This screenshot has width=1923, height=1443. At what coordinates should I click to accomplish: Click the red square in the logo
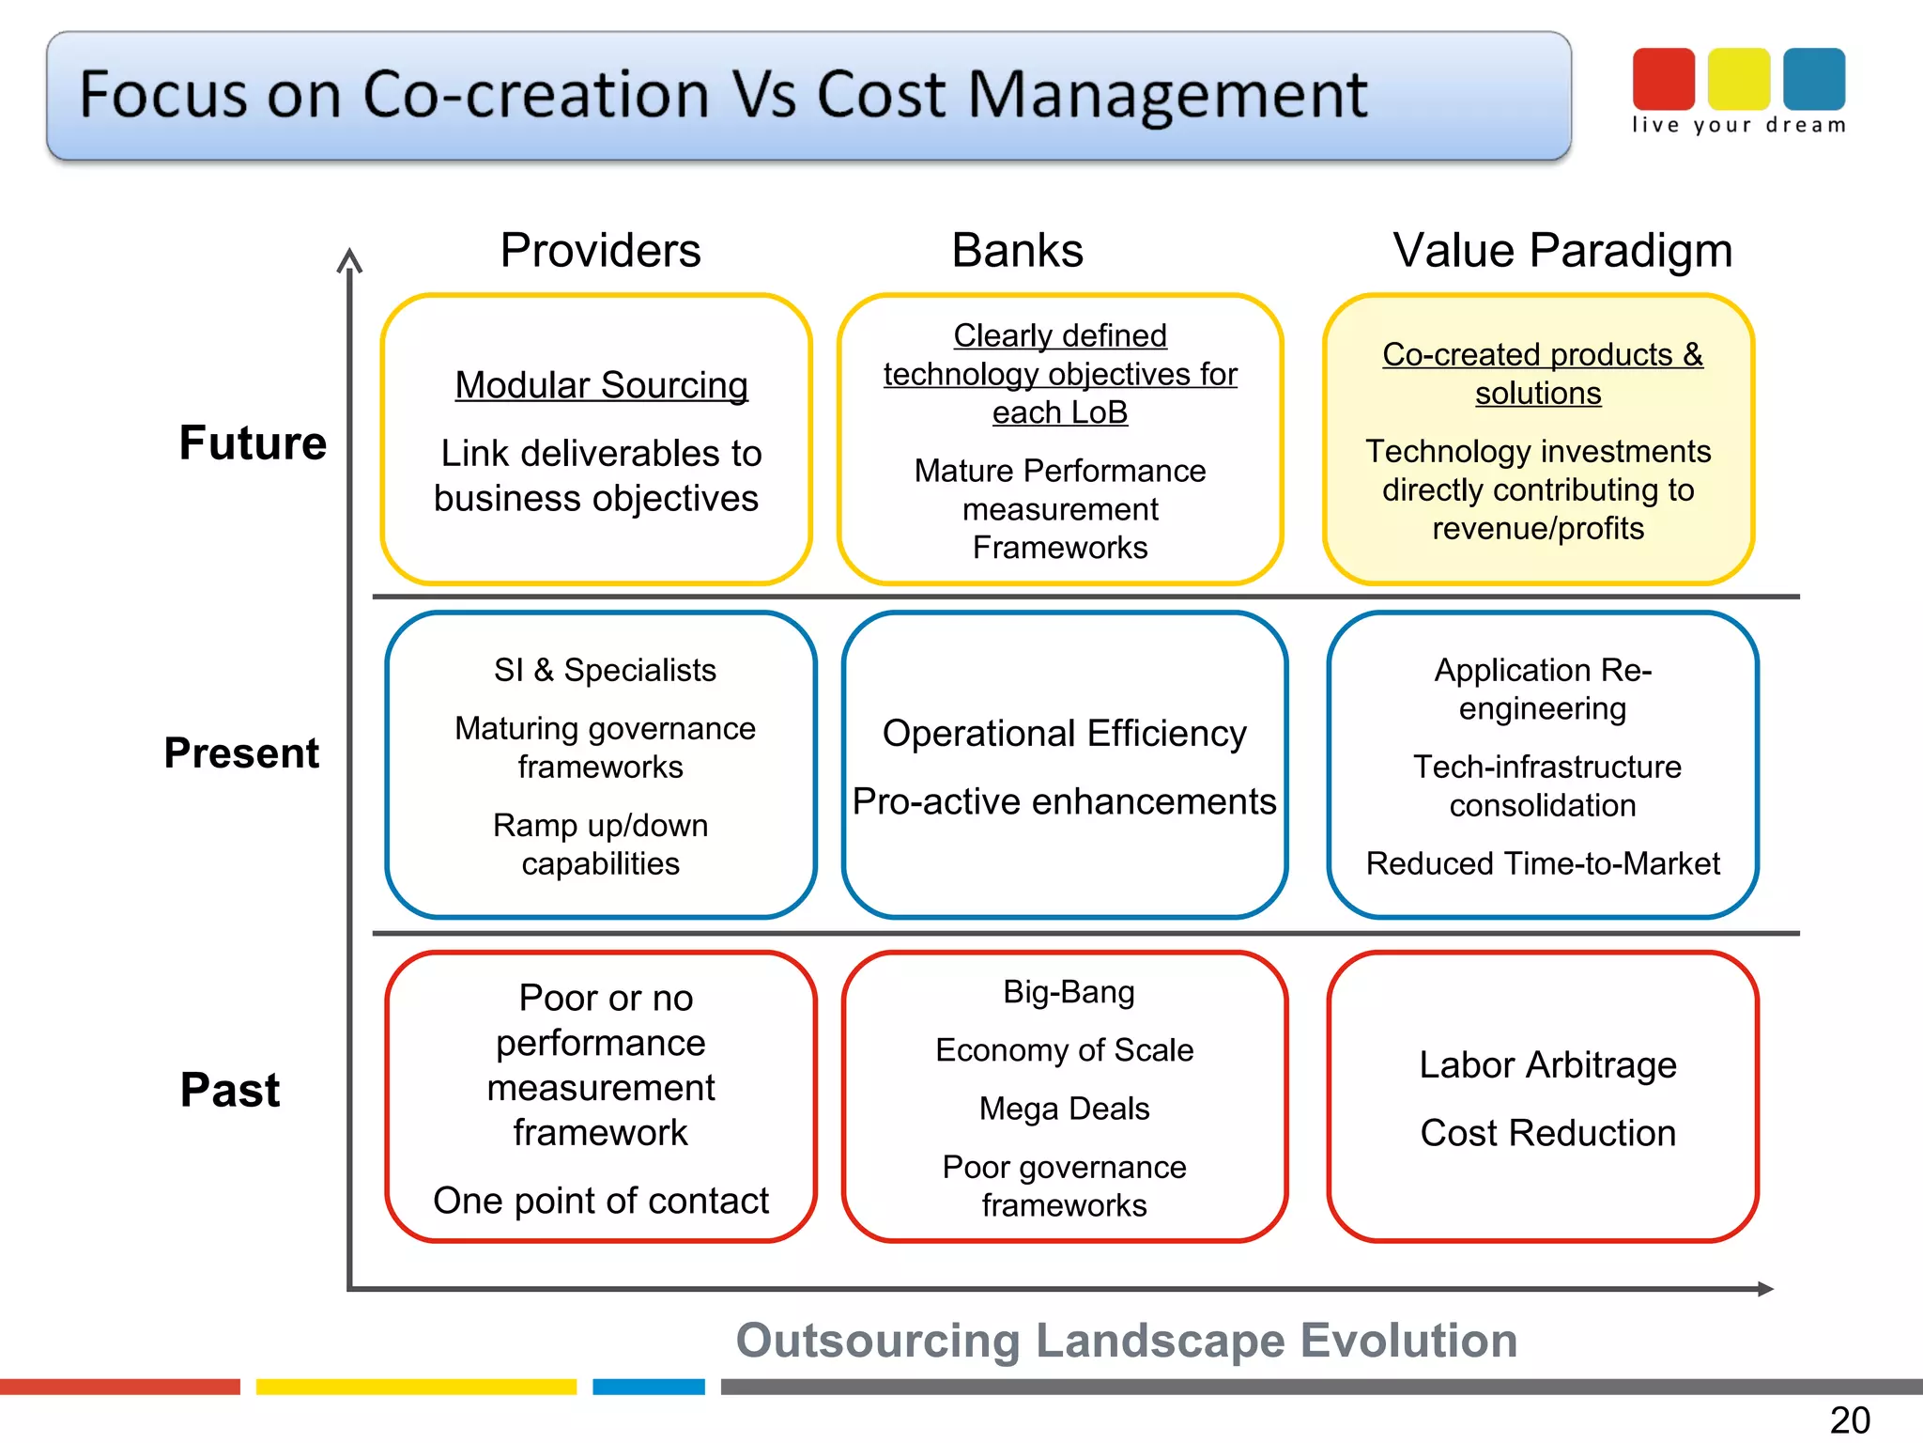coord(1663,79)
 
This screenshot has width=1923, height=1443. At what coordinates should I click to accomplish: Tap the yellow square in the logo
coord(1738,79)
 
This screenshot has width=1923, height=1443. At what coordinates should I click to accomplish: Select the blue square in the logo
coord(1814,79)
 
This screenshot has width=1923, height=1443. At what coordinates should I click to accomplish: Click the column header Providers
coord(600,251)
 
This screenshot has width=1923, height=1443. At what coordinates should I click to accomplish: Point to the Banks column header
coord(1017,251)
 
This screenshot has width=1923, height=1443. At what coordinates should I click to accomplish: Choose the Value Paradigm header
coord(1561,251)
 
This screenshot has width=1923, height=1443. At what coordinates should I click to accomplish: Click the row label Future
coord(253,442)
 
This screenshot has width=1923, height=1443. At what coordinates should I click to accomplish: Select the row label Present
coord(241,753)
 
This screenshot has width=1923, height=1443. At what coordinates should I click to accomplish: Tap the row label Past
coord(230,1090)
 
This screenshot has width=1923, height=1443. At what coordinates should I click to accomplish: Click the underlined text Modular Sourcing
coord(601,385)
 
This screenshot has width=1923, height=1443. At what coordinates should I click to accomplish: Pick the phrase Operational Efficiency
coord(1064,734)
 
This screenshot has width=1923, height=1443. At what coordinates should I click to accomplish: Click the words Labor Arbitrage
coord(1547,1065)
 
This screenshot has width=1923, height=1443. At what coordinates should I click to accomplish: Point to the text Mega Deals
coord(1064,1109)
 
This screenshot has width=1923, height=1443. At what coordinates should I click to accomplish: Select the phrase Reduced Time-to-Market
coord(1543,863)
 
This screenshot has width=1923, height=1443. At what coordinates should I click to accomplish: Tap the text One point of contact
coord(601,1201)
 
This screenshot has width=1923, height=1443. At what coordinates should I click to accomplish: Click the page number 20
coord(1850,1420)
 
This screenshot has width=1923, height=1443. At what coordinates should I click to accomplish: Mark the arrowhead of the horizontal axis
coord(1765,1289)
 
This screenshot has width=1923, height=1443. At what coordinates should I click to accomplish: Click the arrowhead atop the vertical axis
coord(349,257)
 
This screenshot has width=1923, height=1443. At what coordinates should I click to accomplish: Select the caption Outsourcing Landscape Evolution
coord(1126,1341)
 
